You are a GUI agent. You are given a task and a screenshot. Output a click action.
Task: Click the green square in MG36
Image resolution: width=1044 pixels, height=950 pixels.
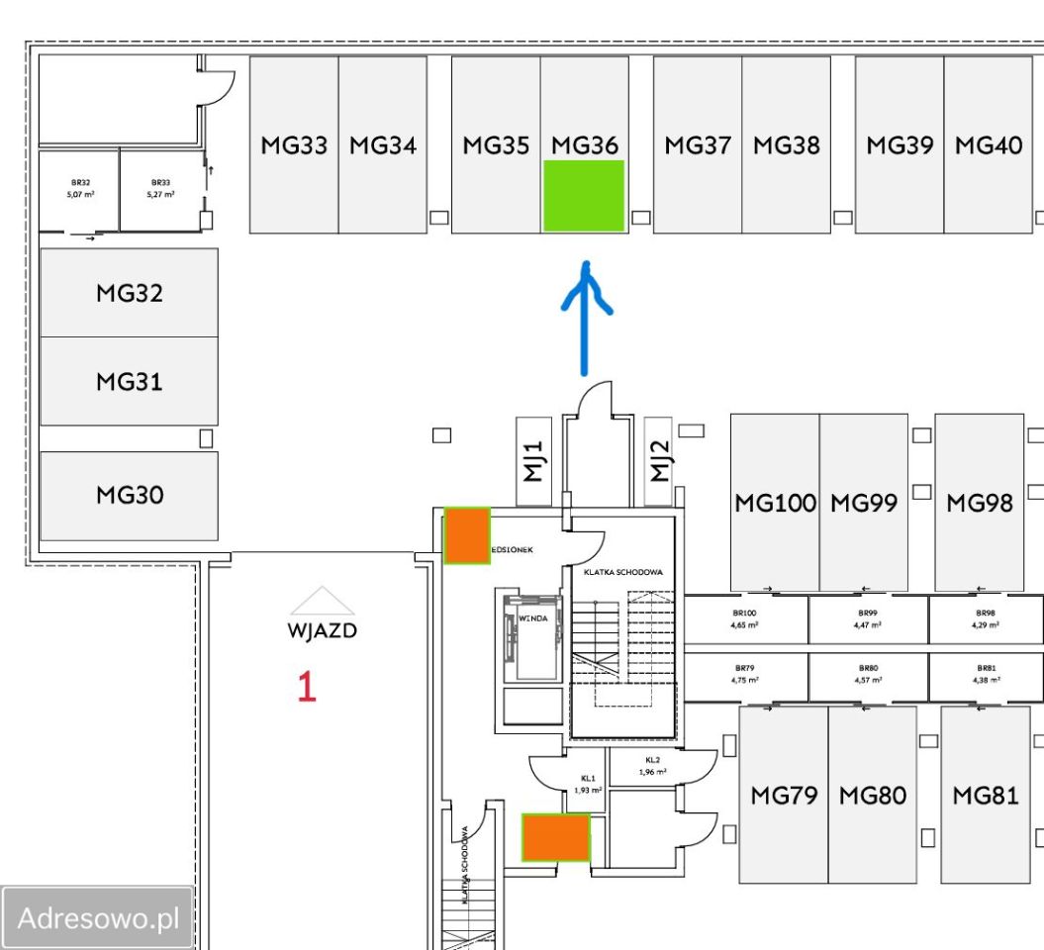[x=584, y=196]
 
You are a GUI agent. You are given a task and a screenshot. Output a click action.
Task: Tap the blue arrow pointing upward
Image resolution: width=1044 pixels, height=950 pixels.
[x=586, y=317]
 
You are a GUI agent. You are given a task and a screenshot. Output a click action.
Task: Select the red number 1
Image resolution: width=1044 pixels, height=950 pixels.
[x=307, y=687]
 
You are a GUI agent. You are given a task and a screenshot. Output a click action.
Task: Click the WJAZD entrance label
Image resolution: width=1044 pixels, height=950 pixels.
[x=322, y=631]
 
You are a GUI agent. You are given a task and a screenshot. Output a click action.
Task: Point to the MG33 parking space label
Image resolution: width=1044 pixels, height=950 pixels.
[x=294, y=145]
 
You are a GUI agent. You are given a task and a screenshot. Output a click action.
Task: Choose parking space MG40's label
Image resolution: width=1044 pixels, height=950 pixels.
[x=988, y=145]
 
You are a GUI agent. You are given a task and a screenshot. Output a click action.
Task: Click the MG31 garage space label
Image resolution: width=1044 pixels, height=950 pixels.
[x=129, y=381]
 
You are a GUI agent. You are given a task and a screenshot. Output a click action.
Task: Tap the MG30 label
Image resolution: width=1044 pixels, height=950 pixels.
[x=129, y=495]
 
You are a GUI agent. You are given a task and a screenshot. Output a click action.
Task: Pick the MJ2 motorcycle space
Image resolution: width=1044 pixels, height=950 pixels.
[x=659, y=461]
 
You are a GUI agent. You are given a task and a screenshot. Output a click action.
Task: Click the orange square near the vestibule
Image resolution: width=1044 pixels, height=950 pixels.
[x=466, y=535]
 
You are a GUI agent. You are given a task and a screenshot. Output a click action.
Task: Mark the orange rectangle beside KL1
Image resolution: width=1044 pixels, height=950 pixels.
[x=556, y=837]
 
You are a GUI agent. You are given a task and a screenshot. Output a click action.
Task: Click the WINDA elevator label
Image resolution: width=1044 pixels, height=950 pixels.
[x=532, y=618]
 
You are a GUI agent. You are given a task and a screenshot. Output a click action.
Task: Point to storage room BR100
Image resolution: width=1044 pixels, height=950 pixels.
[x=745, y=619]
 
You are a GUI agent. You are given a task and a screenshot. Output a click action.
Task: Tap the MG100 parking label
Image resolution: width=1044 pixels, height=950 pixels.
[x=775, y=503]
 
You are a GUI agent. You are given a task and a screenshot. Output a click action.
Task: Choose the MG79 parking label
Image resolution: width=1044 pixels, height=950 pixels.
[x=784, y=795]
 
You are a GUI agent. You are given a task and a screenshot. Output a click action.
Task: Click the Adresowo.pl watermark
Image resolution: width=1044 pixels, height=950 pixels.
[x=97, y=918]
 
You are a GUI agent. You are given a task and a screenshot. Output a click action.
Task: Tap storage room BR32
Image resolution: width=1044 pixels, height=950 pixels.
[x=79, y=188]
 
